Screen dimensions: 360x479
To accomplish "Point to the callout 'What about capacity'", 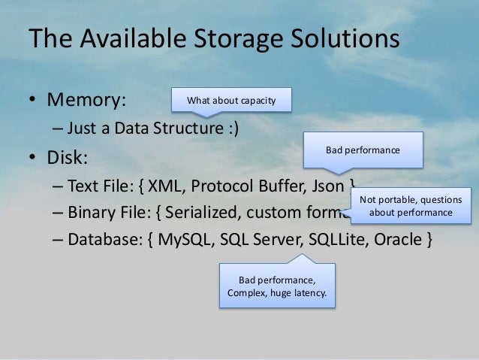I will pos(231,100).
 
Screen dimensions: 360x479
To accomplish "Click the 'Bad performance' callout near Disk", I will pos(363,150).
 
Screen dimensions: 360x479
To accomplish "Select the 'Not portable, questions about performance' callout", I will pos(411,206).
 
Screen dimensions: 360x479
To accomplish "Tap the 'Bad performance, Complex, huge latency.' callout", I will pos(277,286).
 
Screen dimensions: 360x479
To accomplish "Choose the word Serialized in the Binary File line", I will pos(196,213).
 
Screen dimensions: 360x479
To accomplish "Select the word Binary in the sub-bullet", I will pos(91,213).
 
